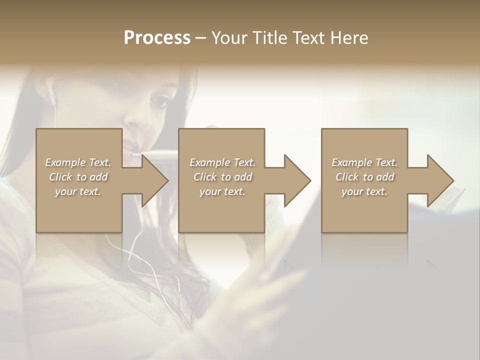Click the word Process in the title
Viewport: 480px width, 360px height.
(x=157, y=38)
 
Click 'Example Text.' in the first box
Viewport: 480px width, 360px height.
(x=78, y=162)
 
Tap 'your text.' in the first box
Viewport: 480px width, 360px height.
(x=78, y=191)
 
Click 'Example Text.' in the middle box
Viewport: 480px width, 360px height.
(x=222, y=162)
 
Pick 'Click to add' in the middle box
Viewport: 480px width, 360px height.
(x=222, y=177)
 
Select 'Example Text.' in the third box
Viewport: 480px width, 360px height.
(x=364, y=162)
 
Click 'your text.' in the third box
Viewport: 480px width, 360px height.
(x=364, y=191)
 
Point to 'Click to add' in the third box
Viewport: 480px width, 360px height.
(x=364, y=177)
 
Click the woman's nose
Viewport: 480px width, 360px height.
(x=136, y=120)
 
